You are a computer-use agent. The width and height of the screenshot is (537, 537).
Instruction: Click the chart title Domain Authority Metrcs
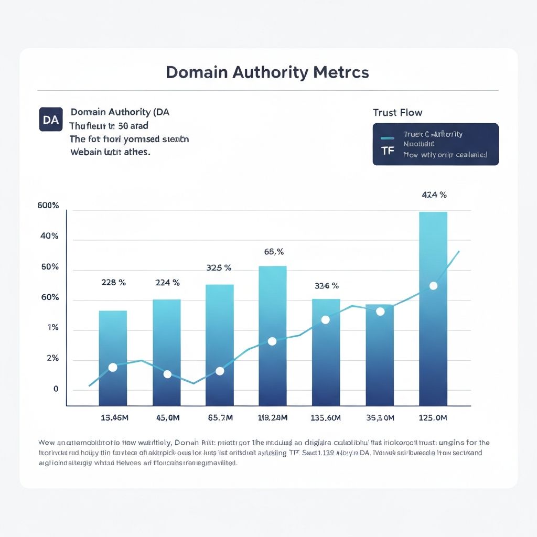coord(267,72)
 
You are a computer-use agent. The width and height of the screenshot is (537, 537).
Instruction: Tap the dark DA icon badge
coord(51,120)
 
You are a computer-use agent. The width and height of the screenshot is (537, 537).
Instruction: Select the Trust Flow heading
coord(397,112)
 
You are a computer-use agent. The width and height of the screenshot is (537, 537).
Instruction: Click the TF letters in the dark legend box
coord(388,151)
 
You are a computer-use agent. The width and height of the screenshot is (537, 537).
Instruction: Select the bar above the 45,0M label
coord(166,352)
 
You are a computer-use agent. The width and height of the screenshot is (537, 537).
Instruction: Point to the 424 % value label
coord(434,195)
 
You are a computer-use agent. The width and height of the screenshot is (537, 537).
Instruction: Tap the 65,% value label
coord(274,252)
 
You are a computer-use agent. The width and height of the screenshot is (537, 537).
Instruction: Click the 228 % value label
coord(113,282)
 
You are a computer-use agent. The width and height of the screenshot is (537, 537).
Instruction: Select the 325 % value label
coord(219,267)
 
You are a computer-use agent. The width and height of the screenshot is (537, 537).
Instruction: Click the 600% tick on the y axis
coord(48,206)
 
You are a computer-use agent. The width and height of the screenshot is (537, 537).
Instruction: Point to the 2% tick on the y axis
coord(52,359)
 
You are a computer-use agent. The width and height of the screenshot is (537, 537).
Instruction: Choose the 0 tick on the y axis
coord(55,389)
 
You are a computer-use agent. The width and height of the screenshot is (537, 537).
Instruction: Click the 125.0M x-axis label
coord(433,418)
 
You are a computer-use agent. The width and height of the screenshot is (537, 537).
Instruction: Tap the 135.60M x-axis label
coord(326,418)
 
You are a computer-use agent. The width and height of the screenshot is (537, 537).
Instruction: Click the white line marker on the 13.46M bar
coord(112,367)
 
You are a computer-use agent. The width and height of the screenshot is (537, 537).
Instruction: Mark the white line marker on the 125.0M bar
coord(433,286)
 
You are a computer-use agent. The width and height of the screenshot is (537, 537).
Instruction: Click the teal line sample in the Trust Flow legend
coord(388,138)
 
